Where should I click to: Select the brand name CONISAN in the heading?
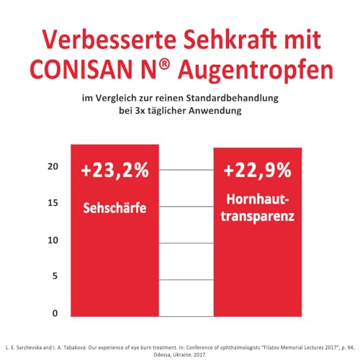[x=98, y=73]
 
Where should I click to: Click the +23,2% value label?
[x=115, y=171]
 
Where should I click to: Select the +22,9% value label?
[x=257, y=171]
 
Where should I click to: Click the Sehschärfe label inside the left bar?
[x=115, y=207]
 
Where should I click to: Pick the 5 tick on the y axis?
[x=54, y=276]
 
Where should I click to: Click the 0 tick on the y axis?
[x=54, y=314]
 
